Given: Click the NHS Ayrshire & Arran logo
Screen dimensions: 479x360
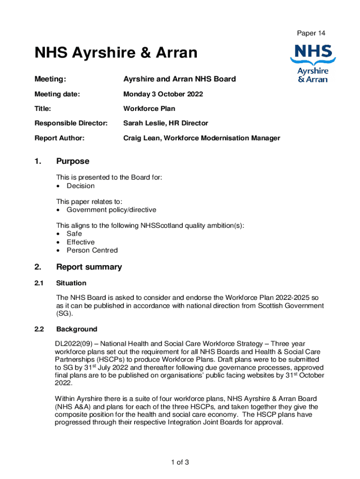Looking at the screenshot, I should click(x=313, y=63).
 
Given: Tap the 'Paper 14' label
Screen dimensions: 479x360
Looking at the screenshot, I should click(x=311, y=33).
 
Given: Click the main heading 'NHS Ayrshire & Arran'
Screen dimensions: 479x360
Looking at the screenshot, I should click(x=116, y=53).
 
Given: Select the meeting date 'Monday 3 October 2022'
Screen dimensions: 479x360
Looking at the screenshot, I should click(x=163, y=94).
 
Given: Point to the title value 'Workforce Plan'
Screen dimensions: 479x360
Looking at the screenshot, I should click(x=149, y=109).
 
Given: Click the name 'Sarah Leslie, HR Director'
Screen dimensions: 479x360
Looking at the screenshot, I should click(x=166, y=123).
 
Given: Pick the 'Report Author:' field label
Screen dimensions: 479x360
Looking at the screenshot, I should click(x=59, y=138).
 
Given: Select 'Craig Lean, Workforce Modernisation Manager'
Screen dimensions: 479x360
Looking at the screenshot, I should click(x=202, y=138).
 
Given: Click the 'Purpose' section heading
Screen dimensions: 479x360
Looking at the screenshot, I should click(x=72, y=161).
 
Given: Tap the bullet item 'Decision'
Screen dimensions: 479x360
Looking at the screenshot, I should click(x=80, y=186).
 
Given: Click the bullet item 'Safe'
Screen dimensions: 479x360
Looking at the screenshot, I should click(x=74, y=233).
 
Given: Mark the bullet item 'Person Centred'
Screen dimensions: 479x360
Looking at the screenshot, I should click(x=92, y=250).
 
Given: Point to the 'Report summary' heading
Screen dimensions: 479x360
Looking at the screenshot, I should click(x=89, y=267).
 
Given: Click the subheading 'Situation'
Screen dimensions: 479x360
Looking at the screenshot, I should click(x=71, y=283).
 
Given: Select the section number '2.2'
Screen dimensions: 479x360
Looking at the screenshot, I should click(x=39, y=329).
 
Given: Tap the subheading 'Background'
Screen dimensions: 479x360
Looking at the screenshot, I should click(x=77, y=329).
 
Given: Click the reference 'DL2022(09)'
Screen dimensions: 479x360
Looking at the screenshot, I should click(x=74, y=344).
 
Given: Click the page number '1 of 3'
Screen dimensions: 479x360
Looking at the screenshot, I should click(x=180, y=463).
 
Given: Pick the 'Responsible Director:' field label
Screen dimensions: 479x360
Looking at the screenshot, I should click(x=71, y=123).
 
